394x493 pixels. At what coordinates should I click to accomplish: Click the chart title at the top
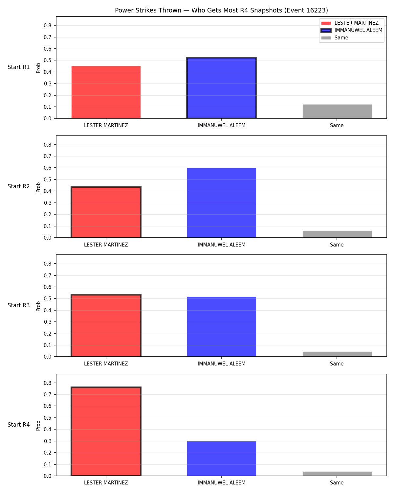tap(221, 10)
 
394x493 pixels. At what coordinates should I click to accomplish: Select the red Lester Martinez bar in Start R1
tap(106, 92)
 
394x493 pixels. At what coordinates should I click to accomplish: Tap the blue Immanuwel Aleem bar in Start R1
tap(221, 88)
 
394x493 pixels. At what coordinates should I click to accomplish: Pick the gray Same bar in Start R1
tap(337, 111)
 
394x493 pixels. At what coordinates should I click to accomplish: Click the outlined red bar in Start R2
tap(106, 212)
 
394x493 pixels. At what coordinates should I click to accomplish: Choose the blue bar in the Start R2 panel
tap(221, 203)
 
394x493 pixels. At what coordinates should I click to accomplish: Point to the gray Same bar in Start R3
tap(337, 354)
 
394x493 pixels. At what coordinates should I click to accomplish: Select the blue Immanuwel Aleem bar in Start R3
tap(221, 326)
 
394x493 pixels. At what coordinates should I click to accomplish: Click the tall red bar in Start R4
tap(106, 431)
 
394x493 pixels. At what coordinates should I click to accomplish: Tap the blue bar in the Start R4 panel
tap(221, 458)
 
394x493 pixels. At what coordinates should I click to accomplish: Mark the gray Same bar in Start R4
tap(337, 474)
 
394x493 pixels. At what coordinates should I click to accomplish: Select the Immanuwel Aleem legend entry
tap(352, 30)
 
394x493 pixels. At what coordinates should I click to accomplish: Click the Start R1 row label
tap(18, 67)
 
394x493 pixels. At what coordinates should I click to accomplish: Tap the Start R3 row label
tap(18, 305)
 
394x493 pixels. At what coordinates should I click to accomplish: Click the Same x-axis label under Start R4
tap(337, 483)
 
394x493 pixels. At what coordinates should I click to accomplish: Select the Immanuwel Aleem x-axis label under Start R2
tap(221, 245)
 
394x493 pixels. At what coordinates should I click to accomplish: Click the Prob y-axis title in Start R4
tap(38, 425)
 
